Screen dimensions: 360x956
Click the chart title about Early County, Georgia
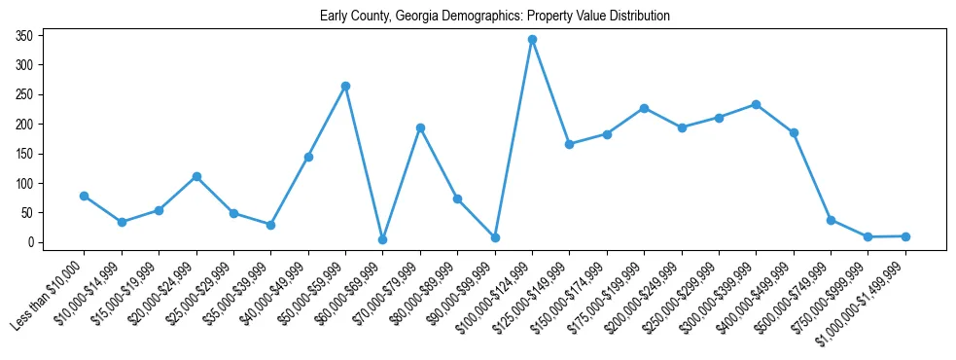tap(495, 17)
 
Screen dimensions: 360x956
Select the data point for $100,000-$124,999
tap(532, 40)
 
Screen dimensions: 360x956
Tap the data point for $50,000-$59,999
tap(345, 86)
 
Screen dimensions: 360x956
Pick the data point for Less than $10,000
tap(85, 196)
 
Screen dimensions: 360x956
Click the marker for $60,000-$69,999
tap(383, 239)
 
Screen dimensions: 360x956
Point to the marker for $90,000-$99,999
tap(495, 237)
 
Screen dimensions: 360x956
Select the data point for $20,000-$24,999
tap(196, 176)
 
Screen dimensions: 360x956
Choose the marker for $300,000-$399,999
tap(756, 104)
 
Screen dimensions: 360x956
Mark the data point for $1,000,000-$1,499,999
tap(905, 236)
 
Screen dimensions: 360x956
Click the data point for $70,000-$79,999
tap(420, 127)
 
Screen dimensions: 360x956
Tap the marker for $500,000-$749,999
tap(831, 220)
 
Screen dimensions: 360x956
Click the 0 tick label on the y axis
tap(31, 242)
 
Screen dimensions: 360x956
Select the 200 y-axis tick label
tap(25, 125)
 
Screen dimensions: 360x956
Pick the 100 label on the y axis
tap(25, 184)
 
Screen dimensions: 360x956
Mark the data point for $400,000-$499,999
tap(794, 132)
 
